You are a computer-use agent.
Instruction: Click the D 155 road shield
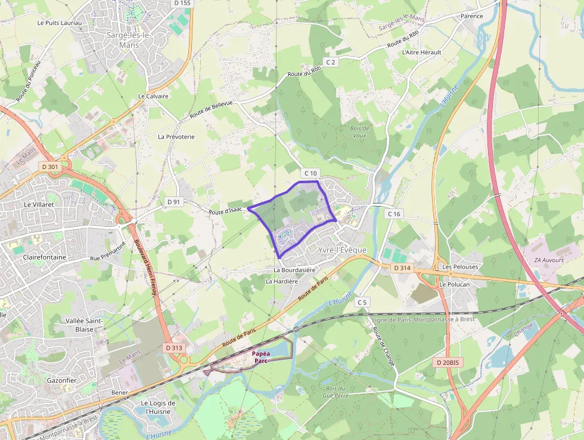[x=184, y=3]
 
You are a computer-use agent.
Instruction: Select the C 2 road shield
[x=331, y=62]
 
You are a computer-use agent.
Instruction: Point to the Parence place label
[x=472, y=16]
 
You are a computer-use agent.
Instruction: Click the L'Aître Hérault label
[x=422, y=53]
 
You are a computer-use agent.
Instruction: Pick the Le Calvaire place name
[x=154, y=96]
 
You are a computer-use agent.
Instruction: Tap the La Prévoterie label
[x=176, y=137]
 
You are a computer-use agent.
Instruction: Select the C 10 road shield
[x=311, y=173]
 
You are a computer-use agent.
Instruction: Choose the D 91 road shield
[x=173, y=202]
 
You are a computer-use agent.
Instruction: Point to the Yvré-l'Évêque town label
[x=342, y=250]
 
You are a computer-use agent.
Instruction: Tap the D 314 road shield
[x=403, y=268]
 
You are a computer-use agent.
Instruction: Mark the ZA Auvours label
[x=549, y=260]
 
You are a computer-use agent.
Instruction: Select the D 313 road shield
[x=174, y=347]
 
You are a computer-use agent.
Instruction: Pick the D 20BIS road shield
[x=447, y=362]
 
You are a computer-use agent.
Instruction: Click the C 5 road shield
[x=362, y=303]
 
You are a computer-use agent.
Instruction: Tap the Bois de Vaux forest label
[x=359, y=131]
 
